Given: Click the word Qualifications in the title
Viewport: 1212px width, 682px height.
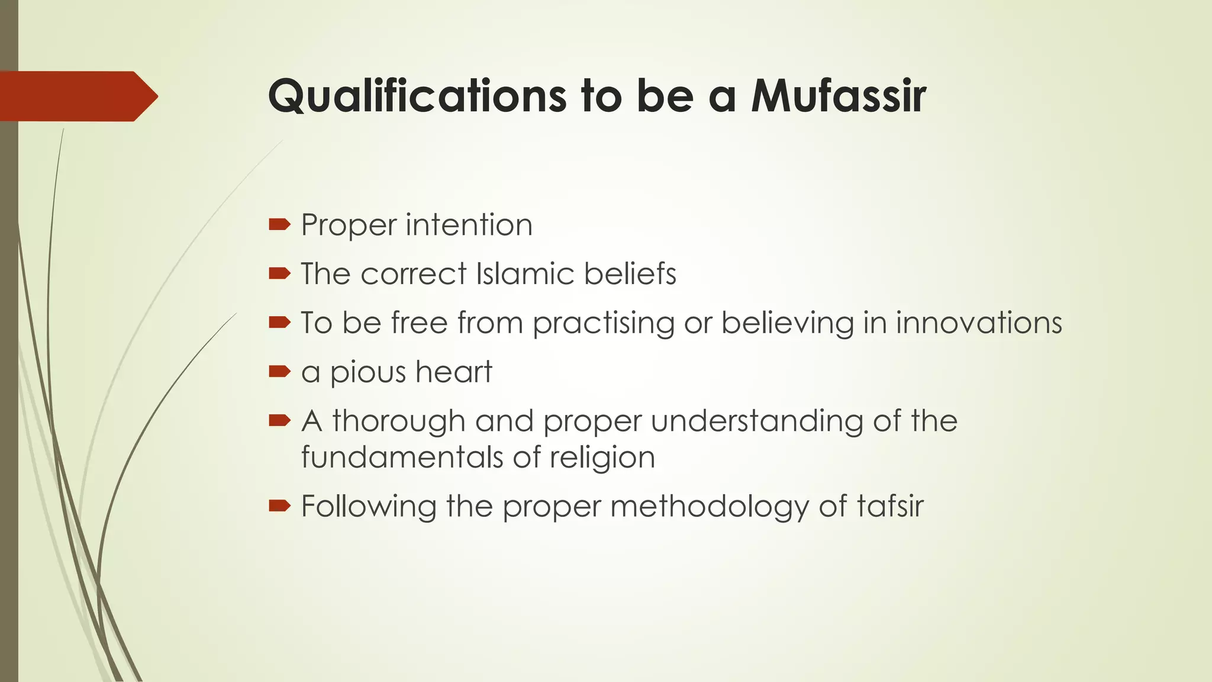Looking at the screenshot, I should (417, 96).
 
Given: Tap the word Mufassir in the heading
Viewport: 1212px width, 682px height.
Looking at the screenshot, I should (838, 96).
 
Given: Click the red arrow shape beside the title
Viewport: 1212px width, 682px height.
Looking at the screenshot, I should (77, 96).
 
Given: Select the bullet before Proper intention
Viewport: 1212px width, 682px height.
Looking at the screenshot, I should (279, 224).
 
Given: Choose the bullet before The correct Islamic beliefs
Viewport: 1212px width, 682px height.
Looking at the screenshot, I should (279, 274).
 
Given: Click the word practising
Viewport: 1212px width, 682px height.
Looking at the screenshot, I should (604, 324).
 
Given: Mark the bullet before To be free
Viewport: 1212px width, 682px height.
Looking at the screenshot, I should (279, 323).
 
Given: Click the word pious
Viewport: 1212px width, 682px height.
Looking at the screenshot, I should (368, 373).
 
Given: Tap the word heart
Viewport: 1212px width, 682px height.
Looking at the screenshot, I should (453, 372).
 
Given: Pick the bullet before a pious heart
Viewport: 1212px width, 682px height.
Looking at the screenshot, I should (279, 372).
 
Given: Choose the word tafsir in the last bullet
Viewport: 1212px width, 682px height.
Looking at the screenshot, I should (889, 507).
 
